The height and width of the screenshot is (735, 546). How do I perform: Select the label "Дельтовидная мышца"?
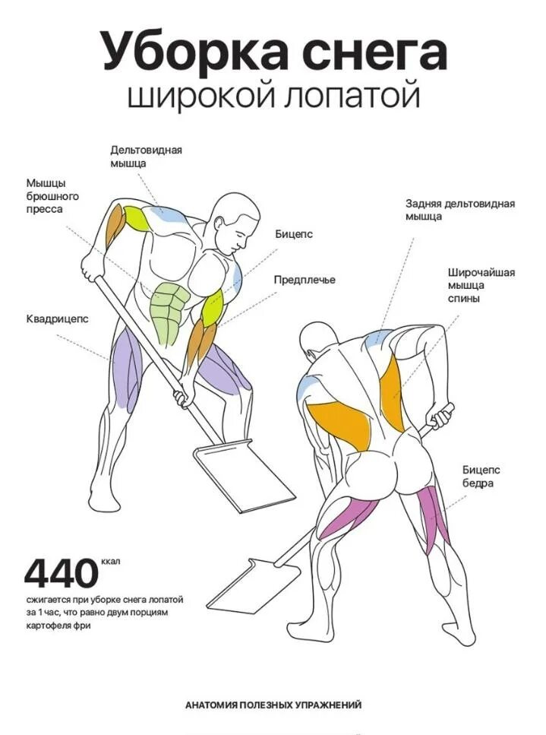pyautogui.click(x=146, y=156)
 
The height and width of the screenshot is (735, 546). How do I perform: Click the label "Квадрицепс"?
pyautogui.click(x=57, y=319)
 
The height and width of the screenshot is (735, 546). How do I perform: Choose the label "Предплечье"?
pyautogui.click(x=305, y=280)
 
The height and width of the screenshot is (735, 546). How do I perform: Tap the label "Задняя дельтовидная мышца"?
pyautogui.click(x=459, y=210)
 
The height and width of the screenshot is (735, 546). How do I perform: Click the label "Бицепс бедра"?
pyautogui.click(x=481, y=477)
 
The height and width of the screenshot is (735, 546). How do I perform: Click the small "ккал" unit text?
pyautogui.click(x=110, y=562)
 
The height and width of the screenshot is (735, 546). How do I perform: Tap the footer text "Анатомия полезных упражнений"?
pyautogui.click(x=273, y=705)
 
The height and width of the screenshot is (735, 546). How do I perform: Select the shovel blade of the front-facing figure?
pyautogui.click(x=243, y=477)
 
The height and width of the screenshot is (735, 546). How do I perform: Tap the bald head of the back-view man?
pyautogui.click(x=317, y=344)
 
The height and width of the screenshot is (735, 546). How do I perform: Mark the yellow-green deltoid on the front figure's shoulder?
pyautogui.click(x=138, y=218)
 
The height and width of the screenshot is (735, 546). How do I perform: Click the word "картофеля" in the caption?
pyautogui.click(x=50, y=626)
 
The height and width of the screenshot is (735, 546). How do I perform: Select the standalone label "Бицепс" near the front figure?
pyautogui.click(x=294, y=234)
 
